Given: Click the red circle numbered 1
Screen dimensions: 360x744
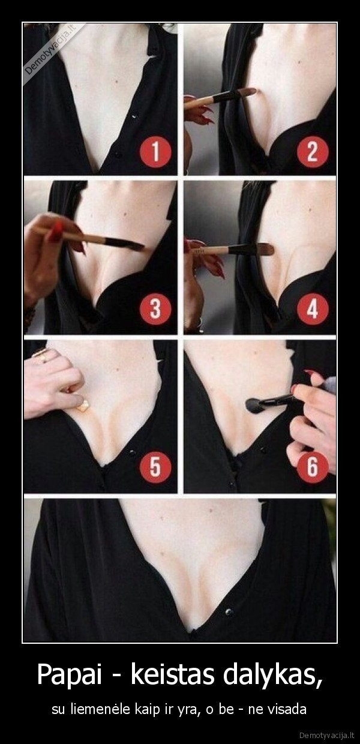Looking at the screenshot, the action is tap(155, 152).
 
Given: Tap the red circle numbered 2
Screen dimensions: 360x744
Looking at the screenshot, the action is tap(313, 152).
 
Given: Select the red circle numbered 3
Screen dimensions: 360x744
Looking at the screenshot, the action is tap(155, 309).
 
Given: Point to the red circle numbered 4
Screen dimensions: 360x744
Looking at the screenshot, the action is tap(313, 309).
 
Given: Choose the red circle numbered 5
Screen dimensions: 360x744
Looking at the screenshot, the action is tap(155, 467).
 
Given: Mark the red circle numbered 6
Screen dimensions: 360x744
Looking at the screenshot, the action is tap(313, 467).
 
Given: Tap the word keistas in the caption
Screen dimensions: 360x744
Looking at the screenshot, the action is tap(173, 674).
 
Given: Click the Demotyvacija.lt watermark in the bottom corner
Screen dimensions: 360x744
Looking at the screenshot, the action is tap(327, 734).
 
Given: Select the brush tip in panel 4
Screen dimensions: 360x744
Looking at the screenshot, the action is tap(265, 249).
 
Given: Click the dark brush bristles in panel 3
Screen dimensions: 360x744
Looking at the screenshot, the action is tap(125, 244).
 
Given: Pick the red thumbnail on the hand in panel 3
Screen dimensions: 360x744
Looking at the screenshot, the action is tap(55, 232).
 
